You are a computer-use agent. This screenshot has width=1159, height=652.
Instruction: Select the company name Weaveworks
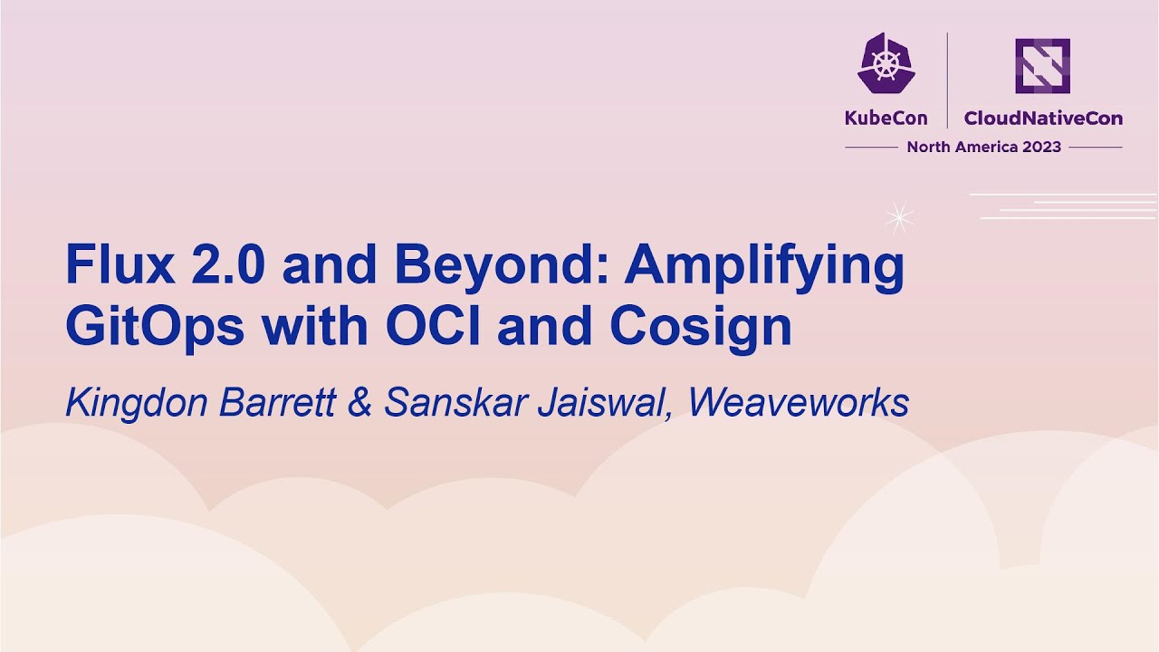798,403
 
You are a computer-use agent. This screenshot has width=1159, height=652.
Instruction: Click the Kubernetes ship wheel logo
886,64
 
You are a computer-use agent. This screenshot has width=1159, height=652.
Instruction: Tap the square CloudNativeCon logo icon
1042,65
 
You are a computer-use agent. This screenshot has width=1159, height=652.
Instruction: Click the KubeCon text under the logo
886,118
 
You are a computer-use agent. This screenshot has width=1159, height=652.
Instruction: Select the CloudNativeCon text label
1042,118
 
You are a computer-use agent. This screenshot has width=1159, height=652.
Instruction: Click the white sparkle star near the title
899,216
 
